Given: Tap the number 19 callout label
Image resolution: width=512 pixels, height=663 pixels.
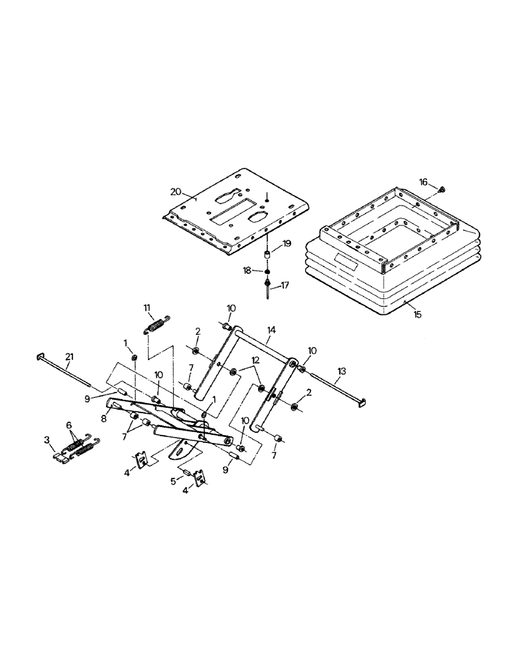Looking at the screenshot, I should (287, 243).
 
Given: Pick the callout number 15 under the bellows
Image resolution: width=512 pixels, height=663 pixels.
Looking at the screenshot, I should (416, 314).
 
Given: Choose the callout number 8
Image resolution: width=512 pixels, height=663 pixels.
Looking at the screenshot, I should (105, 419).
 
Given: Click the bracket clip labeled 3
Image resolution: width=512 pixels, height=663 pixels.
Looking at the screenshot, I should (62, 457).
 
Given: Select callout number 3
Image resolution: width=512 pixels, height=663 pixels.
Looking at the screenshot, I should (47, 440).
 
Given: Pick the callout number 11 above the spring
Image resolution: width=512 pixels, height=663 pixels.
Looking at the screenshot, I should (149, 306).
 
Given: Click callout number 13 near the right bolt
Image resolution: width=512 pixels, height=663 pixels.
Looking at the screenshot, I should (342, 372).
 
